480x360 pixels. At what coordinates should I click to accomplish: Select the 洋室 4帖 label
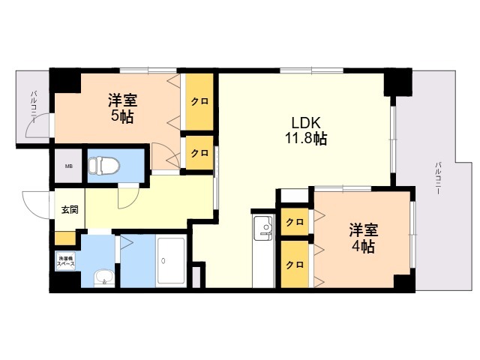point(361,238)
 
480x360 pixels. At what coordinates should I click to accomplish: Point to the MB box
point(68,166)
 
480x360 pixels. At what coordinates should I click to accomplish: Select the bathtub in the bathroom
point(172,261)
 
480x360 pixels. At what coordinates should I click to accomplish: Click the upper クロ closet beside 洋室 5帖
point(199,101)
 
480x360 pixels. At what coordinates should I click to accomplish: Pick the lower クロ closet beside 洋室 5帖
point(199,153)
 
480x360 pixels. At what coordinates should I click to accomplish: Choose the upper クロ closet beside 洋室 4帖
point(295,222)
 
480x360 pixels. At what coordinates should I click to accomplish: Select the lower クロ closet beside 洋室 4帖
point(295,264)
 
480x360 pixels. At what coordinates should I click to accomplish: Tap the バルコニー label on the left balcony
point(34,106)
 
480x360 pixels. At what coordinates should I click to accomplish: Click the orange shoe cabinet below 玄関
point(65,238)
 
